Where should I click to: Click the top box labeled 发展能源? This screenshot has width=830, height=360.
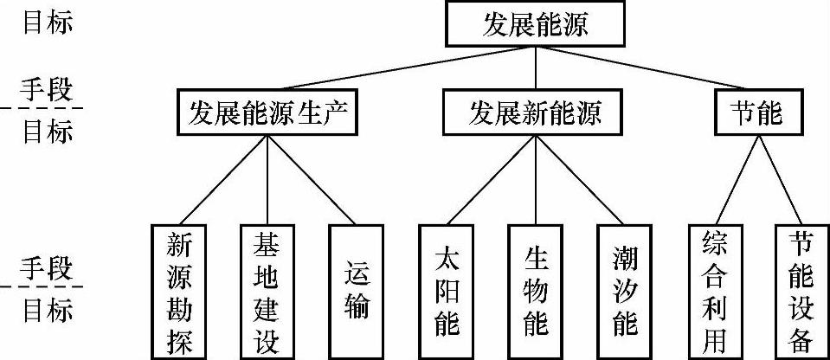[535, 24]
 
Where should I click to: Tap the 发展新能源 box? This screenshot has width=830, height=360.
[535, 112]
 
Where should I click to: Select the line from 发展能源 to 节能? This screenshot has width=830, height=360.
[645, 67]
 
